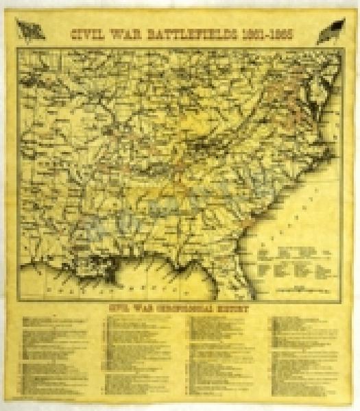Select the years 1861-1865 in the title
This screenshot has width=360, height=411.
(264, 31)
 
